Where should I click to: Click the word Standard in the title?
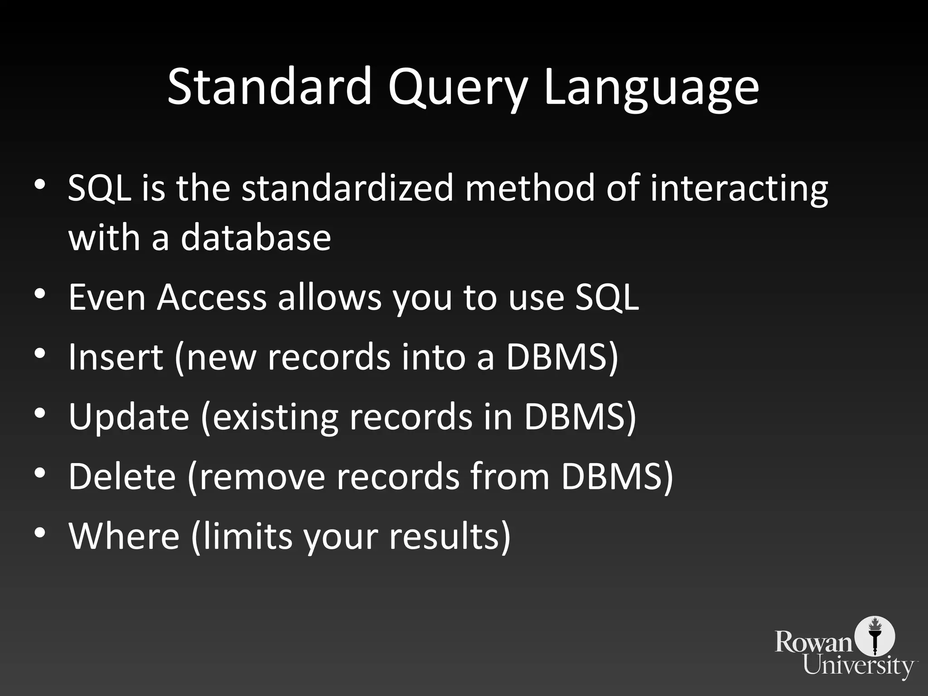tap(269, 86)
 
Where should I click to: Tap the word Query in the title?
tap(458, 88)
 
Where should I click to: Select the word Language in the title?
tap(651, 88)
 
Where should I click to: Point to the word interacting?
tap(739, 189)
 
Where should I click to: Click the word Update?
tap(129, 418)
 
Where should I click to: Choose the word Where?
tap(124, 536)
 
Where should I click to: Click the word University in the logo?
tap(859, 665)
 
